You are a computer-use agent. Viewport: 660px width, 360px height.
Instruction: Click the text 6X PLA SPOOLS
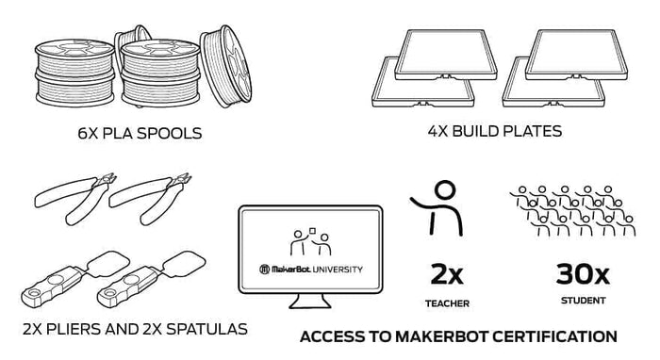click(x=139, y=133)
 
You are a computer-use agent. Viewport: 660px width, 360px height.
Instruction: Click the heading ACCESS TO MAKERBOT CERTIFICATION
click(x=458, y=335)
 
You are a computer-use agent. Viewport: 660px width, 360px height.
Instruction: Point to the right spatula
click(x=141, y=278)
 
